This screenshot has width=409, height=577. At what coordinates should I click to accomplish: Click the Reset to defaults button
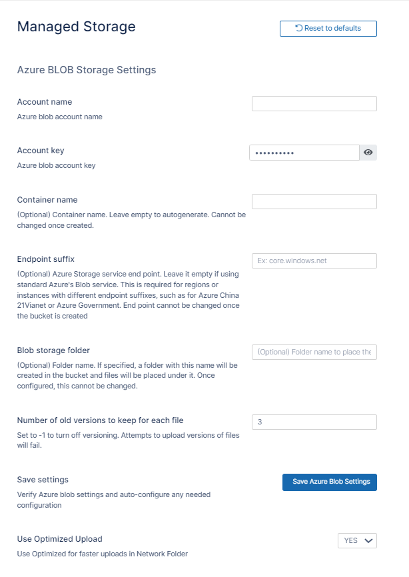(328, 29)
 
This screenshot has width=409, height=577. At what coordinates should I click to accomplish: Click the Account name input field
(314, 103)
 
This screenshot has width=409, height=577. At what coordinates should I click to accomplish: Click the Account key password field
(304, 153)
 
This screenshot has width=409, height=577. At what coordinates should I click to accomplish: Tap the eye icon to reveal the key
(368, 153)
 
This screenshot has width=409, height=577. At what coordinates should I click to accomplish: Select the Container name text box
(314, 201)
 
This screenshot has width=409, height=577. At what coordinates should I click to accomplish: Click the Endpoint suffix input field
(314, 261)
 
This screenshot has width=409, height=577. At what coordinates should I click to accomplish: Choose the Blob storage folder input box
(314, 352)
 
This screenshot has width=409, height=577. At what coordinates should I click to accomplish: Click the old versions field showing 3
(314, 422)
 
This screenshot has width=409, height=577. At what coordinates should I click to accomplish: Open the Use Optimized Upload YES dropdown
(357, 540)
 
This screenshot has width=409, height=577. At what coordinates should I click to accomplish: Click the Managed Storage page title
(76, 27)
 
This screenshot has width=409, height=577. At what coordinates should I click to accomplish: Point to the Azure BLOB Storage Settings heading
(87, 69)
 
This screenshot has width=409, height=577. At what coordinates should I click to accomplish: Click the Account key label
(41, 151)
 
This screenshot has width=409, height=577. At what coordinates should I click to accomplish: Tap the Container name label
(47, 199)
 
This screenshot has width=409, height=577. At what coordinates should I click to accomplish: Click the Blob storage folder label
(53, 350)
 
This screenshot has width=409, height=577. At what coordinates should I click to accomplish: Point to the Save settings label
(43, 480)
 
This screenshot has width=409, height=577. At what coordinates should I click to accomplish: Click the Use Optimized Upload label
(59, 538)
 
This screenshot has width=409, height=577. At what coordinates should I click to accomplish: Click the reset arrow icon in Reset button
(299, 28)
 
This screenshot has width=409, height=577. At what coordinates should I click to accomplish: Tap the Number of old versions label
(100, 420)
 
